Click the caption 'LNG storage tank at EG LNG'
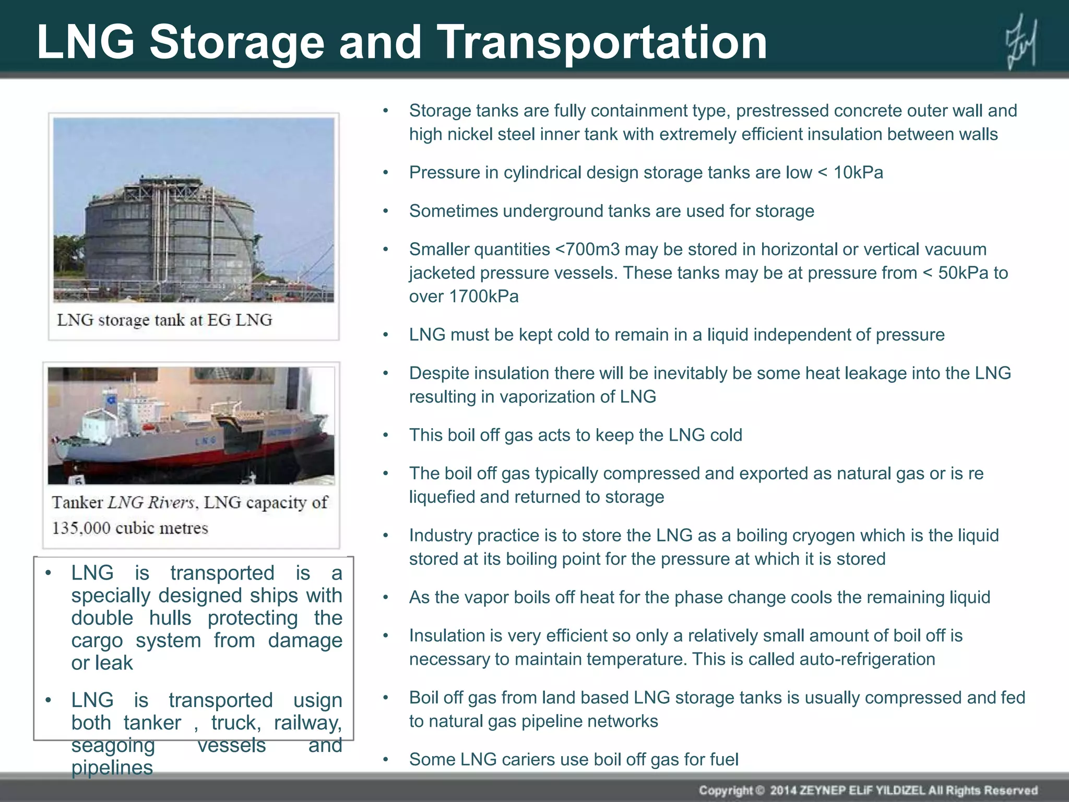coord(164,320)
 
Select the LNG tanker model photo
coord(191,426)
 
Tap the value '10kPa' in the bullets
coord(858,173)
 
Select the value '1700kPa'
coord(483,297)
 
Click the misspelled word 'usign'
coord(317,701)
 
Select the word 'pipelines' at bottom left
coord(112,768)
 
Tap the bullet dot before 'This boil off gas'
coord(386,435)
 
